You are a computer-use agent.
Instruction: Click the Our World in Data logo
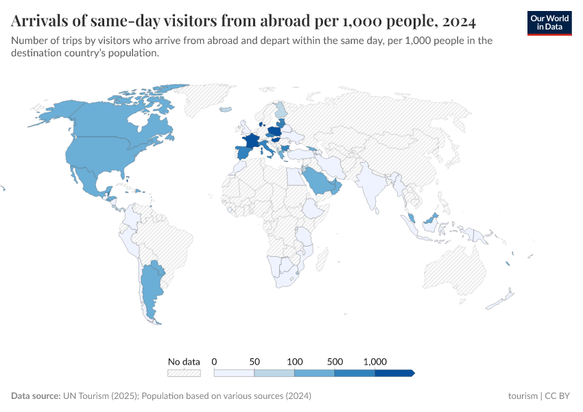(549, 23)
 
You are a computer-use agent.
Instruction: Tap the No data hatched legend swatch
(184, 373)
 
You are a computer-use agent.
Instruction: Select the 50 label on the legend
(254, 361)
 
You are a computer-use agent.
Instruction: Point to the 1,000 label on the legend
(375, 361)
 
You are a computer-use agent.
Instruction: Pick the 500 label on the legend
(335, 361)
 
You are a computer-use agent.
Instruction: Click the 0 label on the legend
(215, 361)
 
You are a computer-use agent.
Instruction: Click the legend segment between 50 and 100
(274, 373)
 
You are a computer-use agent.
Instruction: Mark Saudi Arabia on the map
(319, 179)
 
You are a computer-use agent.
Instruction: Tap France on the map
(251, 141)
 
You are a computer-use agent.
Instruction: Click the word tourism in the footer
(523, 396)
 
